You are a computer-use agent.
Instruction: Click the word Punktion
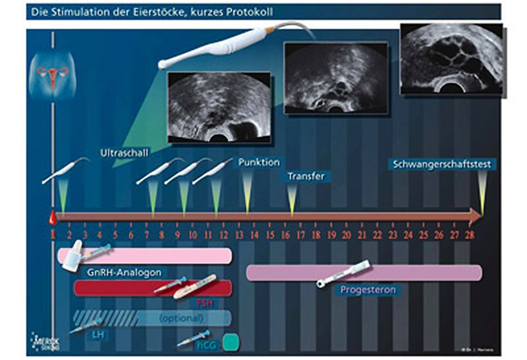coord(259,162)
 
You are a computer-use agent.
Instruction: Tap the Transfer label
coord(306,176)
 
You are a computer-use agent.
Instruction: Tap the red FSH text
coord(205,303)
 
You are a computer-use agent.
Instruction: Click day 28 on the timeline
coord(470,234)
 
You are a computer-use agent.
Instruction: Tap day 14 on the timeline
coord(254,234)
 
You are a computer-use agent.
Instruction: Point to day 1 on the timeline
coord(53,234)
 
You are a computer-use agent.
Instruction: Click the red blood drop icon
coord(52,216)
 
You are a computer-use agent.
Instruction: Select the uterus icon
coord(52,74)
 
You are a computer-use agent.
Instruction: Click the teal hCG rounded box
coord(231,342)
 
